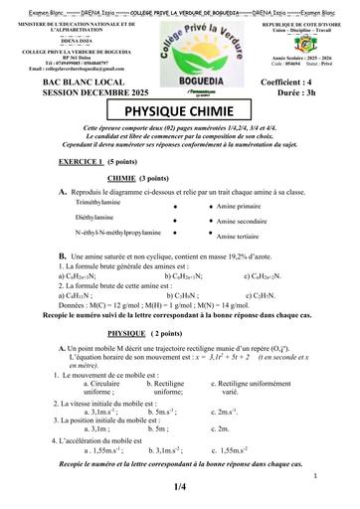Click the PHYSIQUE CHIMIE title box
pos(179,115)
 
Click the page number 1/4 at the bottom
pos(180,488)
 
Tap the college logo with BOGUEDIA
pos(180,44)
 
